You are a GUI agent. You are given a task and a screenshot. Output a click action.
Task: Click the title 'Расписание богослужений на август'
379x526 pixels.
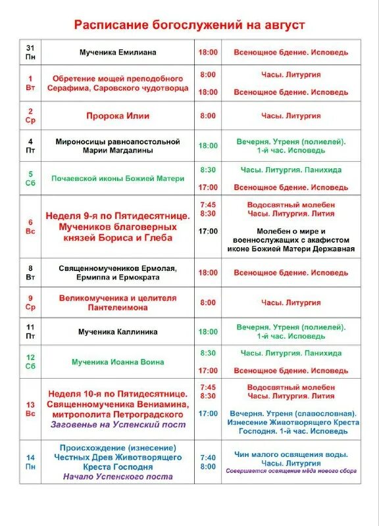click(189, 24)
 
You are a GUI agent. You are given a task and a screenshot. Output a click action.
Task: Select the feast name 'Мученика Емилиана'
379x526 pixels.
click(118, 52)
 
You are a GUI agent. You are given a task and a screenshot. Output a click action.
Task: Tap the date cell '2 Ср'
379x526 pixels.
click(30, 116)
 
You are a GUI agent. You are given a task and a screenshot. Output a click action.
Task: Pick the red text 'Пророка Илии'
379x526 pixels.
click(118, 116)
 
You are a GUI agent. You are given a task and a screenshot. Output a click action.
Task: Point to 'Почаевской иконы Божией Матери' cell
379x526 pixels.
click(118, 178)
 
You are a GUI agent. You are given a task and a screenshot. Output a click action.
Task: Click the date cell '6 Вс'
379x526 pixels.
click(30, 227)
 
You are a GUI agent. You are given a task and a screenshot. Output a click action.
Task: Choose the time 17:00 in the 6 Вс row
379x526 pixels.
click(208, 231)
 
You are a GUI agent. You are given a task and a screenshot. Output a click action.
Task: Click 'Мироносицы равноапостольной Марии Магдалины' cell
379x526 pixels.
click(118, 145)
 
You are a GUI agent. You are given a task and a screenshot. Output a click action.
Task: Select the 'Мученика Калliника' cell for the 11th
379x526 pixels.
click(118, 332)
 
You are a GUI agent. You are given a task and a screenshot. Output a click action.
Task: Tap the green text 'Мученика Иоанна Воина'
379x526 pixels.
click(118, 362)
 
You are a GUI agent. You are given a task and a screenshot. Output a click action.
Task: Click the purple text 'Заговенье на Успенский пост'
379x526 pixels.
click(118, 425)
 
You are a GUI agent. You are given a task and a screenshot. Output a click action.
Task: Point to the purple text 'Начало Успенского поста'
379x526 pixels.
click(118, 477)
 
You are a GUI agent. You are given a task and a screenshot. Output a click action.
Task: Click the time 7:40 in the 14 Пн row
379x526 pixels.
click(208, 458)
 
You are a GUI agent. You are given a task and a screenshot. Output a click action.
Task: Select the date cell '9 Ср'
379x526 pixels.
click(30, 302)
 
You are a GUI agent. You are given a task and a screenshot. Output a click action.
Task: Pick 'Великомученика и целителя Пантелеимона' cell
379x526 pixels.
click(118, 302)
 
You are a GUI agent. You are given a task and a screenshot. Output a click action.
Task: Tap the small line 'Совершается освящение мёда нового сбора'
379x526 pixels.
click(291, 471)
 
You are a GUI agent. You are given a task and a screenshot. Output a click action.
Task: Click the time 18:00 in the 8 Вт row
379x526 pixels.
click(208, 272)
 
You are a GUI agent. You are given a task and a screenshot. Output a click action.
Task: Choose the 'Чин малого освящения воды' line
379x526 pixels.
click(291, 454)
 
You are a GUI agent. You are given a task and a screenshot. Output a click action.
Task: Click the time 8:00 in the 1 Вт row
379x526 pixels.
click(208, 75)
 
